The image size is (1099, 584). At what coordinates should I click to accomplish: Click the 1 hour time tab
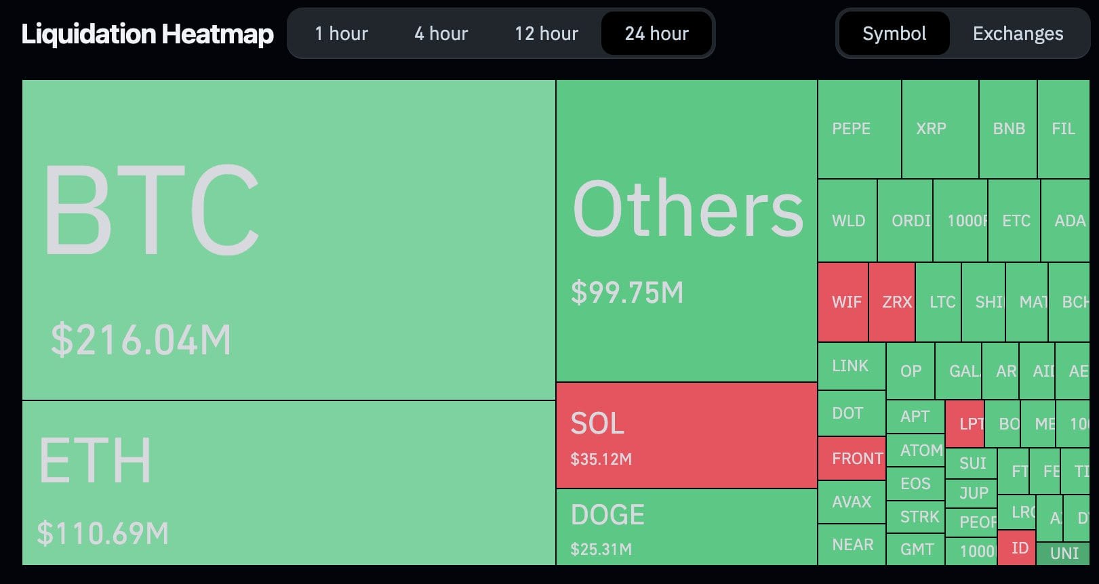click(341, 33)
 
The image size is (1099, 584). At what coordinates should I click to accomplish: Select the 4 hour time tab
click(441, 33)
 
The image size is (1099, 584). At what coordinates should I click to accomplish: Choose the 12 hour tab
click(546, 33)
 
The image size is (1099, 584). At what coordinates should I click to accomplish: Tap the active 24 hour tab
click(656, 33)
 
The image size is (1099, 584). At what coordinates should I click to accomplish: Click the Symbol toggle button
click(894, 33)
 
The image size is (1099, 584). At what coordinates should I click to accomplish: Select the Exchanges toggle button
click(1018, 33)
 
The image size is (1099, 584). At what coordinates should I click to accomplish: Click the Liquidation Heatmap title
click(147, 34)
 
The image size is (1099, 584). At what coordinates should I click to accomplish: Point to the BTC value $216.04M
click(141, 339)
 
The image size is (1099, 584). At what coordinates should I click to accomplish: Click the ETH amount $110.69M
click(102, 533)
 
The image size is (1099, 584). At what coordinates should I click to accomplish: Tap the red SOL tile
click(686, 435)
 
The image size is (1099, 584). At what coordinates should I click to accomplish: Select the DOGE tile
click(686, 526)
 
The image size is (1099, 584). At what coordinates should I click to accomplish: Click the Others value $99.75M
click(627, 292)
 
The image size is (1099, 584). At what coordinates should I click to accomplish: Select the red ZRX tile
click(892, 301)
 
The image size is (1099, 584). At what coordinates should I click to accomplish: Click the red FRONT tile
click(852, 459)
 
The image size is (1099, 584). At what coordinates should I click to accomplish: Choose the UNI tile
click(1063, 554)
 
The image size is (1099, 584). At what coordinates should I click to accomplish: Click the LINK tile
click(851, 366)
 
